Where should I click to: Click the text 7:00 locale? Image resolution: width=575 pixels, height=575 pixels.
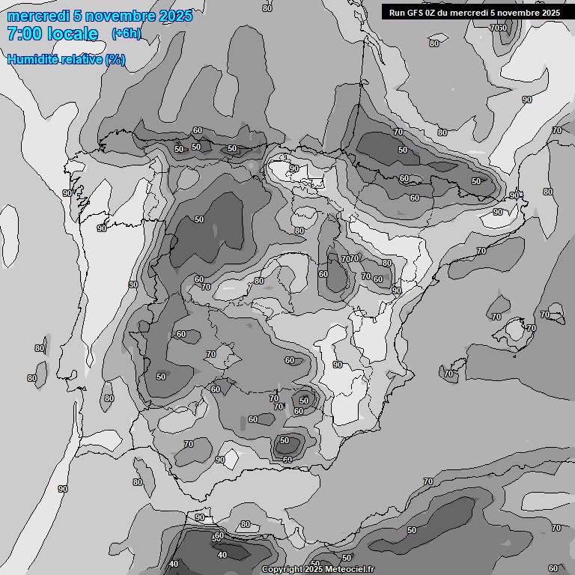pyautogui.click(x=52, y=34)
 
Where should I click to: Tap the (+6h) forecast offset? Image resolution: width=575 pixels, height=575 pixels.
pyautogui.click(x=126, y=33)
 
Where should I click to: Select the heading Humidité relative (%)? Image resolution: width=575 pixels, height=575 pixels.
pyautogui.click(x=66, y=59)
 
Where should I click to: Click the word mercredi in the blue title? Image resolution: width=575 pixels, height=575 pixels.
pyautogui.click(x=38, y=16)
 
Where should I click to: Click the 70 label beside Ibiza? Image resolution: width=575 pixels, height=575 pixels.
pyautogui.click(x=448, y=373)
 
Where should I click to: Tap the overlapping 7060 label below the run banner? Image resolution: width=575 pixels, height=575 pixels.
pyautogui.click(x=499, y=28)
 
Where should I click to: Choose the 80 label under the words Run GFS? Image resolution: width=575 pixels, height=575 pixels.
pyautogui.click(x=434, y=43)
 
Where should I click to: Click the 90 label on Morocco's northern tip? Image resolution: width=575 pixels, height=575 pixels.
pyautogui.click(x=199, y=517)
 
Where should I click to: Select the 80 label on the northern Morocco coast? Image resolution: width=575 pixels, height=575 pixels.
pyautogui.click(x=245, y=524)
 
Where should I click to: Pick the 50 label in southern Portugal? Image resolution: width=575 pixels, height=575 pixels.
pyautogui.click(x=161, y=377)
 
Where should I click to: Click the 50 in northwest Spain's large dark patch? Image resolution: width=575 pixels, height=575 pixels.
pyautogui.click(x=199, y=219)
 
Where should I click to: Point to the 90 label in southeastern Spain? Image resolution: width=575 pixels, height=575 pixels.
pyautogui.click(x=338, y=365)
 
